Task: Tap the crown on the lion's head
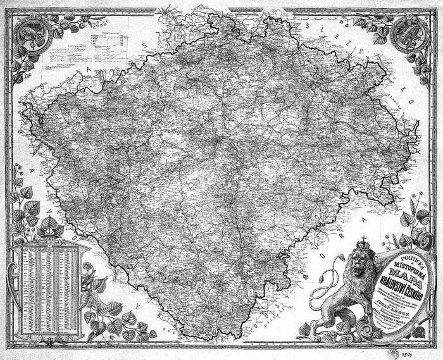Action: coord(363,243)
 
